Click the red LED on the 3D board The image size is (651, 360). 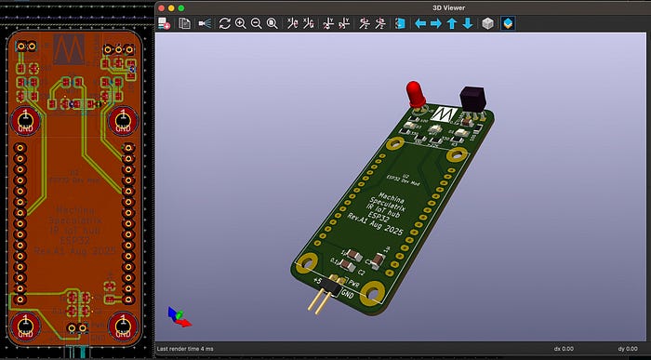414,91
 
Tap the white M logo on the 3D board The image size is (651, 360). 444,113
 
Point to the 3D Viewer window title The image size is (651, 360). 401,7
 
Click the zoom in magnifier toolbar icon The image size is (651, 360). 241,23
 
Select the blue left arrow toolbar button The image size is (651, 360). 420,23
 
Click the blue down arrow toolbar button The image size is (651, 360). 468,23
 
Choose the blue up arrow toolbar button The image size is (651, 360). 452,23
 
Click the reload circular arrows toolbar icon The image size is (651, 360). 224,23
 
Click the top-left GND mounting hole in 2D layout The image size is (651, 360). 25,121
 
